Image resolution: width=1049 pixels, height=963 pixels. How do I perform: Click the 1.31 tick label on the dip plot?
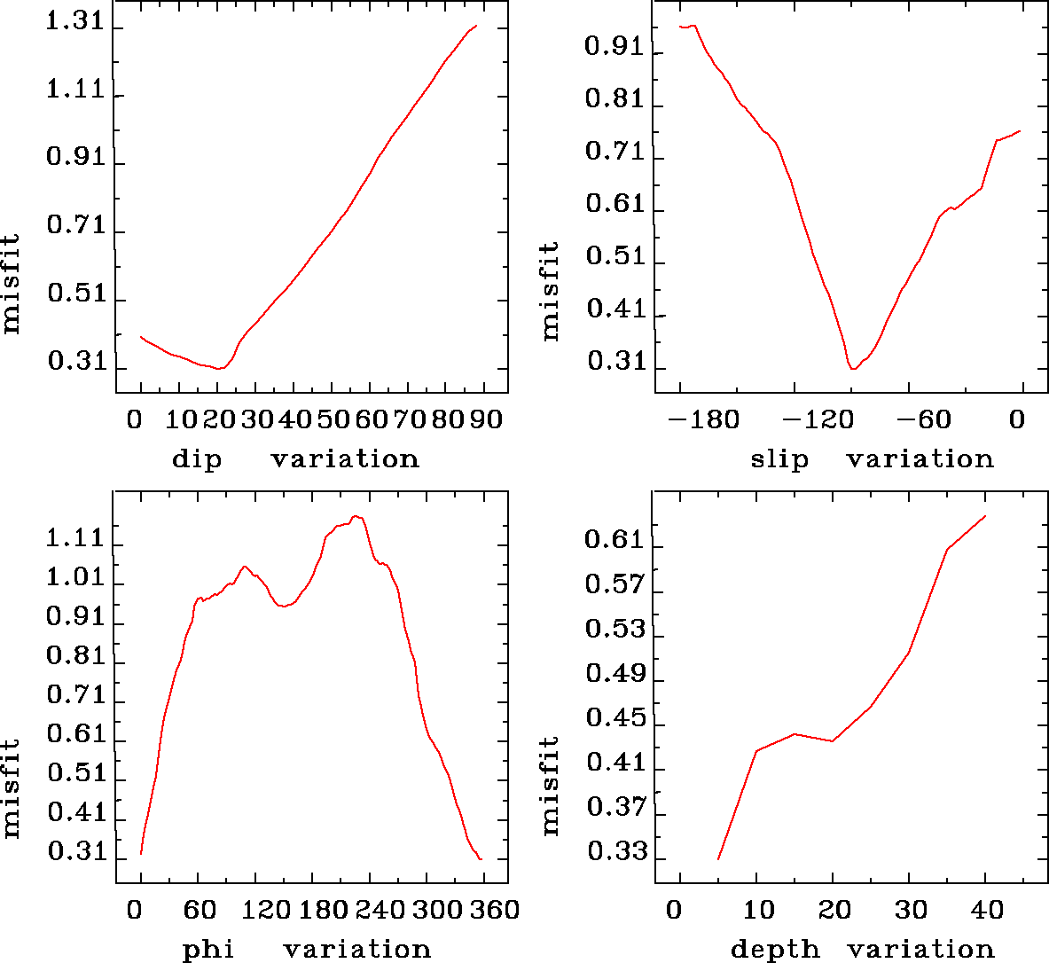coord(75,24)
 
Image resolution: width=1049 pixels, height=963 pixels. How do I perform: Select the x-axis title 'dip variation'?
coord(294,459)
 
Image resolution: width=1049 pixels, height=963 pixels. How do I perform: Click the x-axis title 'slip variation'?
coord(872,459)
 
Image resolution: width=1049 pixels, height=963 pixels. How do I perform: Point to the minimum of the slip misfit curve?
coord(852,368)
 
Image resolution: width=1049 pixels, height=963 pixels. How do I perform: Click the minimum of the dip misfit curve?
coord(217,368)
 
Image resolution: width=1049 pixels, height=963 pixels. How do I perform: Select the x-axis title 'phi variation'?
coord(306,950)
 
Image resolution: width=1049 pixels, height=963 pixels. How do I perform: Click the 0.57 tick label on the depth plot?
coord(615,585)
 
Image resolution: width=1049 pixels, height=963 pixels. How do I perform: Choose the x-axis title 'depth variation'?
coord(862,950)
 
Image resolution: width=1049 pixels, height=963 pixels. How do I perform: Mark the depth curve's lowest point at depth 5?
coord(718,858)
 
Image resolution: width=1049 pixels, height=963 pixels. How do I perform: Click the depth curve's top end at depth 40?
coord(985,516)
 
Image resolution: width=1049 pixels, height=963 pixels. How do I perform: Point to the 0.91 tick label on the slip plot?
coord(615,47)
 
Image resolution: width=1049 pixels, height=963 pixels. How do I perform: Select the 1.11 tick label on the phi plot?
coord(75,538)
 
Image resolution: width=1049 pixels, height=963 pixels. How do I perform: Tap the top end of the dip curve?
coord(477,26)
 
